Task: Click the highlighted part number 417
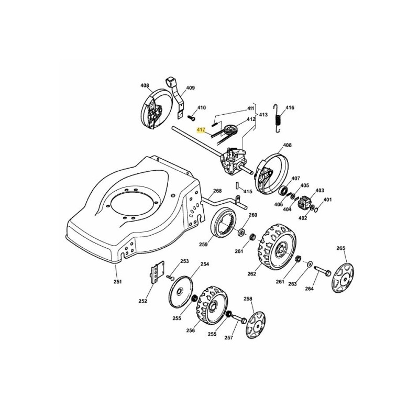point(201,129)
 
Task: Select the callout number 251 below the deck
point(118,281)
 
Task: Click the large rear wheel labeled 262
point(277,247)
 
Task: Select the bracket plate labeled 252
point(155,274)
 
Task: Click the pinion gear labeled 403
point(305,201)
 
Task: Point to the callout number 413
point(263,114)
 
